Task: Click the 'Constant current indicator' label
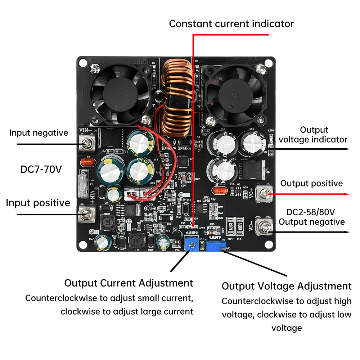point(231,24)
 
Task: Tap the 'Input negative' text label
point(39,133)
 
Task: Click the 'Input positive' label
point(38,203)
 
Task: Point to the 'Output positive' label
point(311,183)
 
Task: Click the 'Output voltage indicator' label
point(313,135)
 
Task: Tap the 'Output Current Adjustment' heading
point(129,283)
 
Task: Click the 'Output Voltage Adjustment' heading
point(286,286)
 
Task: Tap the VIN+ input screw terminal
point(86,215)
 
